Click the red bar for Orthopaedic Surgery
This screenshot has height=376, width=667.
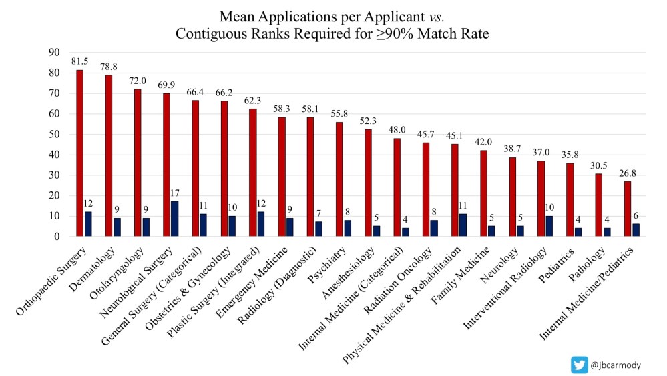[x=79, y=153]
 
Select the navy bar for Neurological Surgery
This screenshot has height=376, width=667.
[x=175, y=219]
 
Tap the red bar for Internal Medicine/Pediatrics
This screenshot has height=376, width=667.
[x=627, y=209]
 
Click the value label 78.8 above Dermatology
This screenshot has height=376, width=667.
[x=109, y=66]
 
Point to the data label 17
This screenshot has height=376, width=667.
[x=175, y=194]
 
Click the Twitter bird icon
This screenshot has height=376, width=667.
[x=580, y=365]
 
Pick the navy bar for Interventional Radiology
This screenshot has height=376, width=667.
[x=548, y=226]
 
